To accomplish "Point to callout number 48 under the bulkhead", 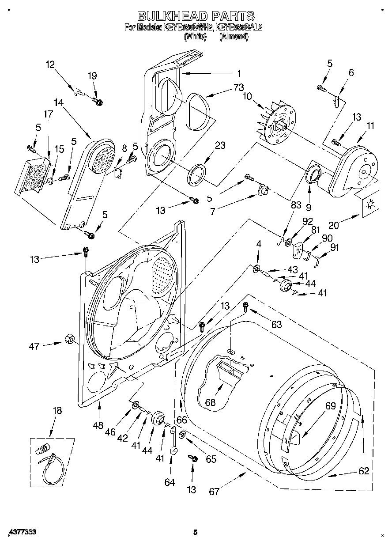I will (98, 425).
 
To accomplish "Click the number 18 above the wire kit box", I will (57, 410).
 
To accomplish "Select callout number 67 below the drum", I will (214, 491).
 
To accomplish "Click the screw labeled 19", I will (98, 102).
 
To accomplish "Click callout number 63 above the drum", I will (276, 325).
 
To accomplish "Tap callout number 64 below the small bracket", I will (170, 482).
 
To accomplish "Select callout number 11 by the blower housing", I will (370, 126).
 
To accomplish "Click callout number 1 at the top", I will (239, 73).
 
